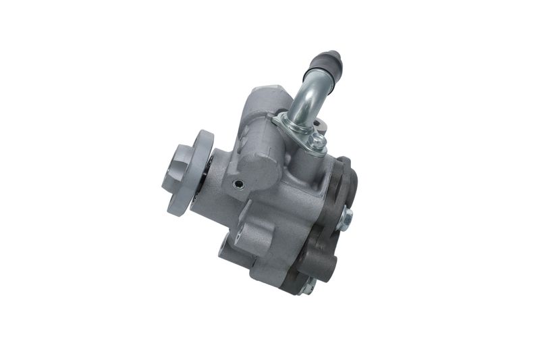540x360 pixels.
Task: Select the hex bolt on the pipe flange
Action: tap(317, 141)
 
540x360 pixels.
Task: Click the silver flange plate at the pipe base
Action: tap(297, 132)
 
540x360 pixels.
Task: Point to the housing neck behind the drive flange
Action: tap(216, 196)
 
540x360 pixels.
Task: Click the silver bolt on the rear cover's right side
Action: tap(346, 217)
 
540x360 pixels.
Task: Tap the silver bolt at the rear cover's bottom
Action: tap(308, 286)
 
